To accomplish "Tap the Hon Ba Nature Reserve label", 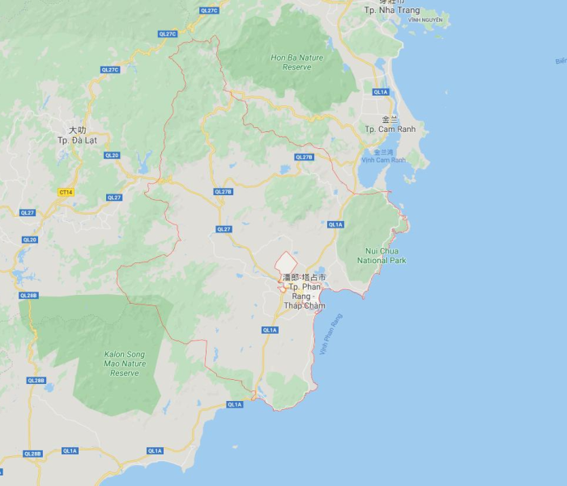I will [296, 62].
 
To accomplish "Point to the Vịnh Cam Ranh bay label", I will [383, 160].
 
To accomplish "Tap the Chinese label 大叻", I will [77, 130].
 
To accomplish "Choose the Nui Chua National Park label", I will [382, 256].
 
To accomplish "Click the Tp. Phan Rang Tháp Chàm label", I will [304, 296].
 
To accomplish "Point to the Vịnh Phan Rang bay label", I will [331, 335].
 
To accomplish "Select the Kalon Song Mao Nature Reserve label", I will [125, 364].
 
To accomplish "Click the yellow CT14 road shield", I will [66, 192].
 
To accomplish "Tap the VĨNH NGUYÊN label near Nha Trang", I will [426, 19].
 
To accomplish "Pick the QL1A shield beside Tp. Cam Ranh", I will [381, 92].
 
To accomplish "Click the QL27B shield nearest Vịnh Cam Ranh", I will [304, 157].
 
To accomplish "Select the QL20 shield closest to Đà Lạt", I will [112, 156].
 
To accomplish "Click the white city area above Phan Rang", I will [286, 264].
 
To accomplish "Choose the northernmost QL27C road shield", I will [209, 11].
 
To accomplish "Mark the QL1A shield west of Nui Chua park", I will [335, 224].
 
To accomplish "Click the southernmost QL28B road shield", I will [32, 454].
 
